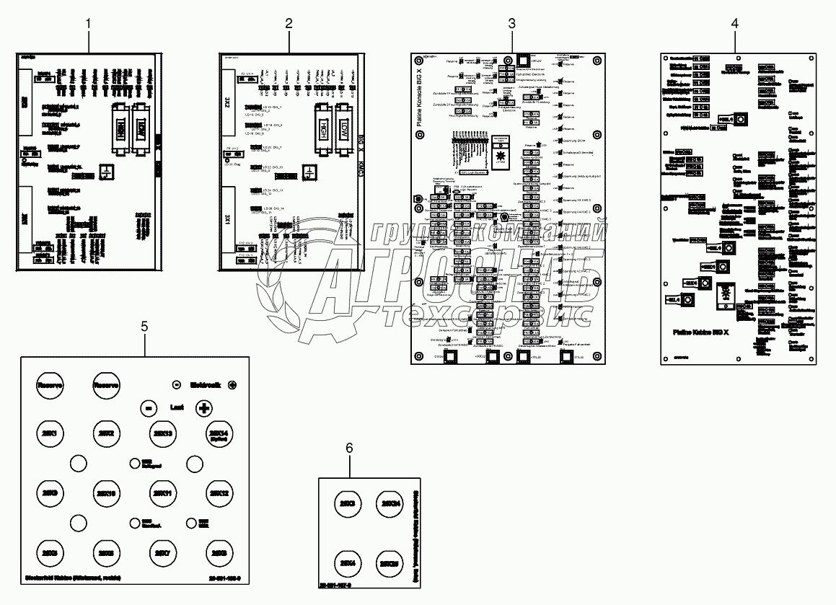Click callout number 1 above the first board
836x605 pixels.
tap(89, 23)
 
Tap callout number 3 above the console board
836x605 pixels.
tap(511, 23)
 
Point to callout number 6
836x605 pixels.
tap(349, 448)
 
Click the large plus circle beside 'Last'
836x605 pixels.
tap(204, 407)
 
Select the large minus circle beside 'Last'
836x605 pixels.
tap(146, 407)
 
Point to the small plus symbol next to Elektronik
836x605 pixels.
tap(232, 385)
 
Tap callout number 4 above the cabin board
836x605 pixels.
tap(734, 23)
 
